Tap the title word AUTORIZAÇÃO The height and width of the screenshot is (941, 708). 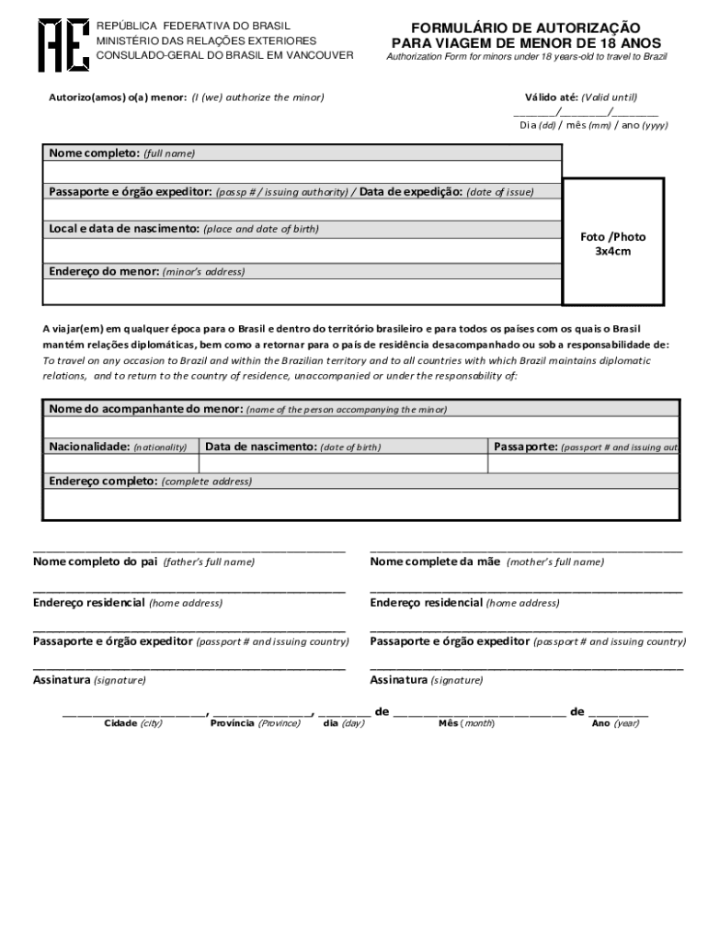(578, 28)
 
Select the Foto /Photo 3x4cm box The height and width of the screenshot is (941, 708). (612, 244)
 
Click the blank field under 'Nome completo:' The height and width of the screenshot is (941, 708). (303, 172)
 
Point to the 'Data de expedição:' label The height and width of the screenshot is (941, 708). (411, 192)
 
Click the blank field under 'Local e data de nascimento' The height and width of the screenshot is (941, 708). (303, 249)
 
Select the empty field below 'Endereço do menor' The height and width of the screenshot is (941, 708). (303, 291)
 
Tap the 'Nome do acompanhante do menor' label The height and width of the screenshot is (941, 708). (145, 408)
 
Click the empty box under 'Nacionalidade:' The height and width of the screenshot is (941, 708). (120, 464)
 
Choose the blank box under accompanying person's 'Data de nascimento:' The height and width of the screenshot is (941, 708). (342, 464)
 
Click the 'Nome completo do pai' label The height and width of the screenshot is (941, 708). (96, 561)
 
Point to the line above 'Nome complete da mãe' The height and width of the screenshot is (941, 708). (526, 550)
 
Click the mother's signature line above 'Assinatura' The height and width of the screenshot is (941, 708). (526, 670)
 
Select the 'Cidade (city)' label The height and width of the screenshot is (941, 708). (133, 723)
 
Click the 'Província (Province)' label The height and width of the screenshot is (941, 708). (255, 723)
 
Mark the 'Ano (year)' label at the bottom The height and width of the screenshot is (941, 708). (615, 723)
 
